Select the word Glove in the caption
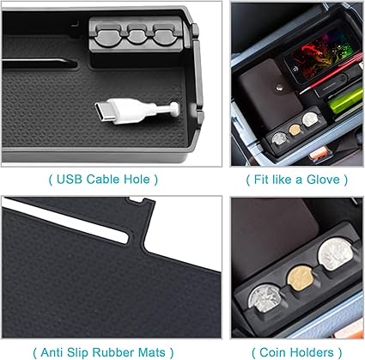click(323, 180)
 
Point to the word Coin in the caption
click(271, 352)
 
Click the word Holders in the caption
click(310, 352)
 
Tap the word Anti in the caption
click(51, 352)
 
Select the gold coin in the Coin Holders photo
click(299, 278)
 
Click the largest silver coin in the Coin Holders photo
click(336, 254)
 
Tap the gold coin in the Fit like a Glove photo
click(295, 130)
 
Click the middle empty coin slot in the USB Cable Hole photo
click(137, 34)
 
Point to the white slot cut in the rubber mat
click(65, 221)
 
